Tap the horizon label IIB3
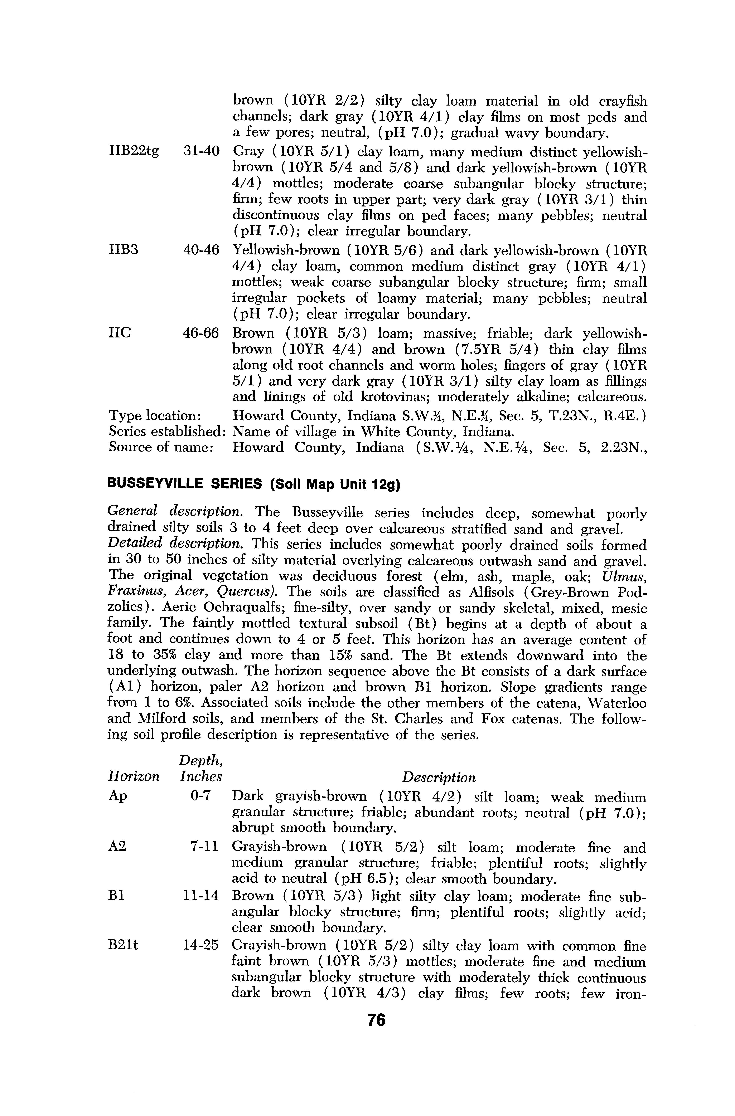(123, 250)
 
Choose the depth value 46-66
(201, 333)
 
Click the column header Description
(439, 778)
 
